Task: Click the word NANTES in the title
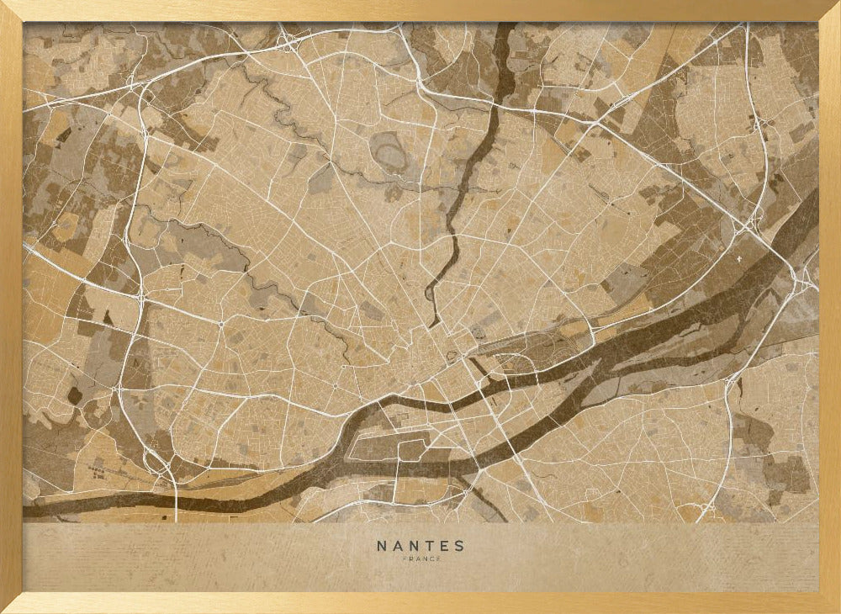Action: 420,546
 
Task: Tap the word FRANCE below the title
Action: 420,559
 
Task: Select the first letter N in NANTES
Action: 381,546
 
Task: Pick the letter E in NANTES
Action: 443,546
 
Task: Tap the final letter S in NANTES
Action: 459,546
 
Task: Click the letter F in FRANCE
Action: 404,559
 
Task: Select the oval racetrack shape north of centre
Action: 388,151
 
